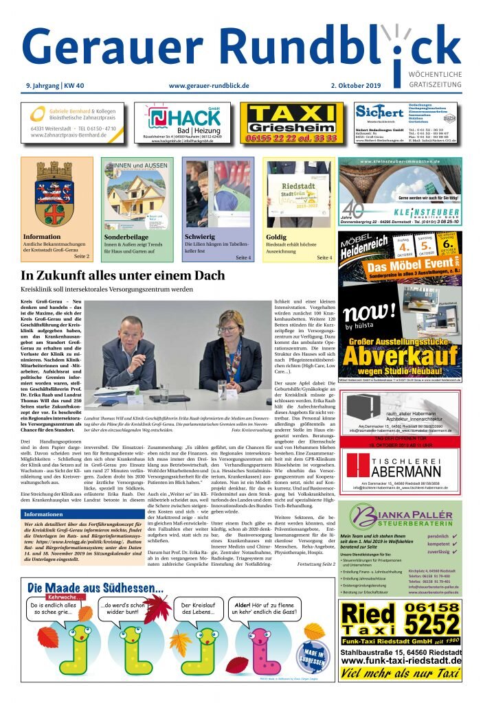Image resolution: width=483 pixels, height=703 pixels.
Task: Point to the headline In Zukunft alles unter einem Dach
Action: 123,275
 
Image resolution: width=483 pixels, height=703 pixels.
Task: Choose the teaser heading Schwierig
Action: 200,237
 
